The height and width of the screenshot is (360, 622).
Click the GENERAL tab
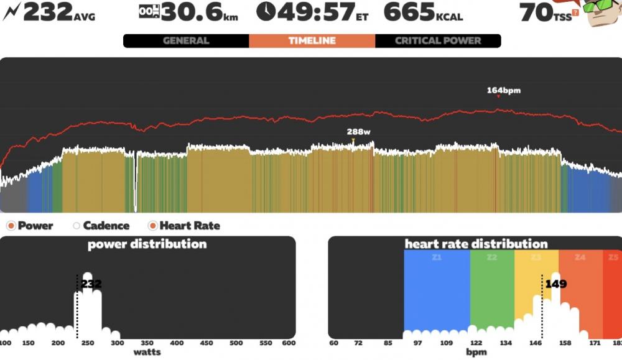click(186, 41)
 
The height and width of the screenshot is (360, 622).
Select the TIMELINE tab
click(312, 41)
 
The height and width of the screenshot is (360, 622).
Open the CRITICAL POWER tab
click(438, 41)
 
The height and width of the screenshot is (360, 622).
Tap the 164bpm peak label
click(504, 90)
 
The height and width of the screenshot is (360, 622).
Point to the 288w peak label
click(359, 132)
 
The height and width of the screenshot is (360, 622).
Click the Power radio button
click(11, 226)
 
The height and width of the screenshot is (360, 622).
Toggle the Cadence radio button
click(77, 226)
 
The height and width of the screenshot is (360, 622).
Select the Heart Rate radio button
click(152, 226)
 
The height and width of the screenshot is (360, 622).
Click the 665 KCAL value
click(423, 12)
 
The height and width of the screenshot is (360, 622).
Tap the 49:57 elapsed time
click(313, 12)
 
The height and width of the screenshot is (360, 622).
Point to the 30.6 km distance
click(189, 12)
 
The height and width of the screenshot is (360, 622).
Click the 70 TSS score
click(545, 12)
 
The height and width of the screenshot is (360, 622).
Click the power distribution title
click(147, 244)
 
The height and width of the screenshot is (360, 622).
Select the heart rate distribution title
click(476, 244)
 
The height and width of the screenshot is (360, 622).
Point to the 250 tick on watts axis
click(88, 343)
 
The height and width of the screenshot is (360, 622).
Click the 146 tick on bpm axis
click(536, 343)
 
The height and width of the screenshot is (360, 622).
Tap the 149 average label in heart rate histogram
click(556, 284)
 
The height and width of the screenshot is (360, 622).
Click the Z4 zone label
click(580, 257)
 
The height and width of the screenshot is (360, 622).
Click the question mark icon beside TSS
click(575, 12)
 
